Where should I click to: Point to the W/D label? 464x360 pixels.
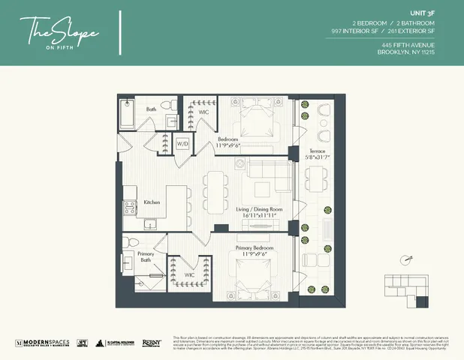[x=182, y=143]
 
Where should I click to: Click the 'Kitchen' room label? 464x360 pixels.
[x=152, y=202]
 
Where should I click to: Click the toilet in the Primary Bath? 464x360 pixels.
[x=129, y=244]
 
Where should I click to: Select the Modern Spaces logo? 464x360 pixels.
[x=42, y=343]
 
